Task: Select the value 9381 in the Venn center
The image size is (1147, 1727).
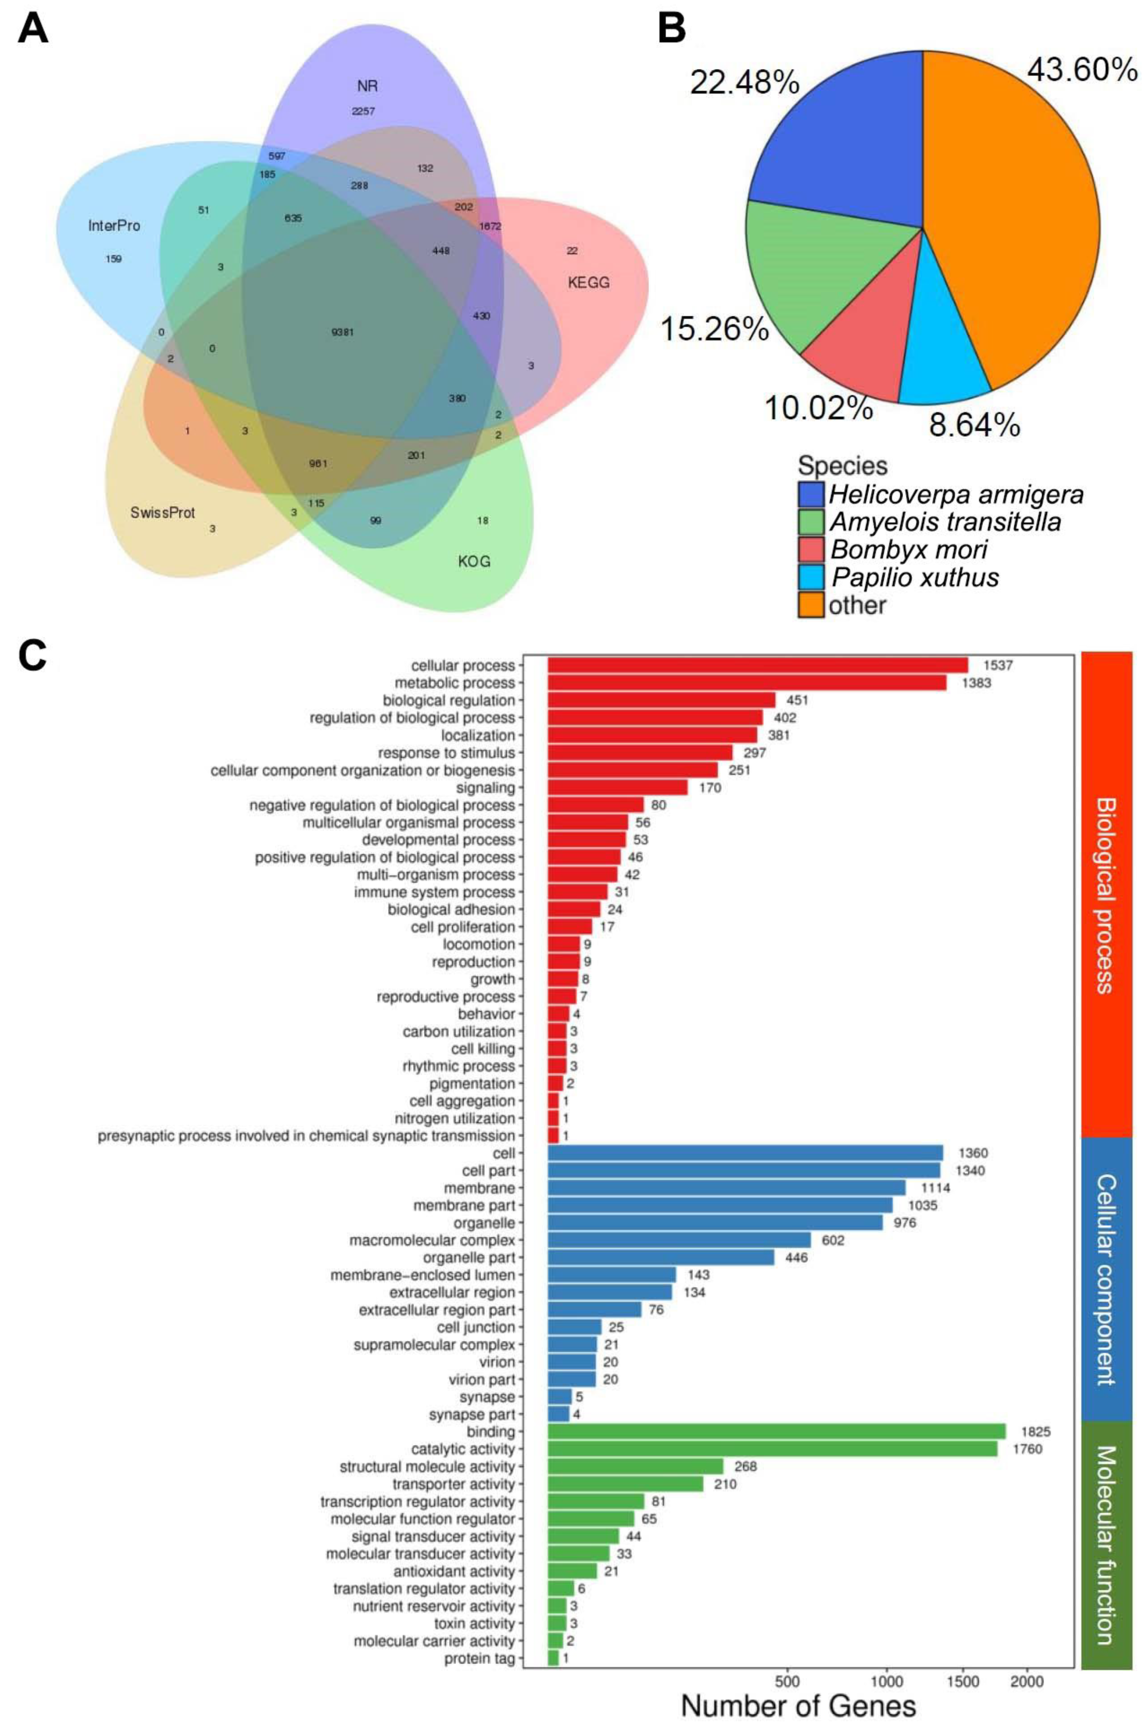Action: [342, 332]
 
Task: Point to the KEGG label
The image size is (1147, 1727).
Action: [588, 282]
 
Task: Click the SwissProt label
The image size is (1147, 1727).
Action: [163, 512]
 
